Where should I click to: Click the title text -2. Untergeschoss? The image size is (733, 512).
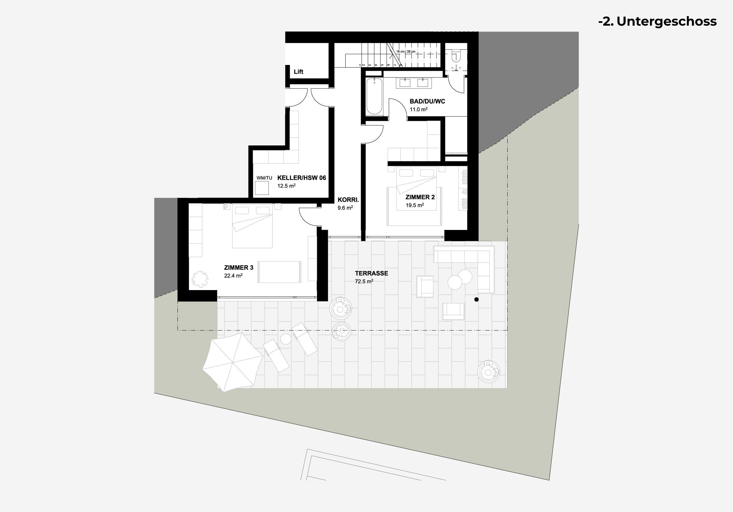pyautogui.click(x=657, y=21)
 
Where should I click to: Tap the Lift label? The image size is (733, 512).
pyautogui.click(x=298, y=72)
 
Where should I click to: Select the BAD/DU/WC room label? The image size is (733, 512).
pyautogui.click(x=427, y=102)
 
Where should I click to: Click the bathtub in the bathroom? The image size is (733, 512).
pyautogui.click(x=374, y=96)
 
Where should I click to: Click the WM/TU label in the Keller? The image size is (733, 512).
pyautogui.click(x=264, y=178)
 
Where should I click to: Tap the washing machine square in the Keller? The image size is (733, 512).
pyautogui.click(x=262, y=188)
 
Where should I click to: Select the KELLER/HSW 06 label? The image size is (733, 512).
pyautogui.click(x=302, y=178)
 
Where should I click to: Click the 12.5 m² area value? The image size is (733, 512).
pyautogui.click(x=286, y=186)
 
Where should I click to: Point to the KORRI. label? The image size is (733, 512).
pyautogui.click(x=348, y=200)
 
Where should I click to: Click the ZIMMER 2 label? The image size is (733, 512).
pyautogui.click(x=420, y=197)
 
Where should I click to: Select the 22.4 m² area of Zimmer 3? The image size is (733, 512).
pyautogui.click(x=233, y=275)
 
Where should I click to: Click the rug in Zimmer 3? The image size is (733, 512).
pyautogui.click(x=279, y=272)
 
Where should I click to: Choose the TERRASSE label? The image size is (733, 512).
pyautogui.click(x=371, y=273)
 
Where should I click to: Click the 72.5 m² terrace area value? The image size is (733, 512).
pyautogui.click(x=364, y=281)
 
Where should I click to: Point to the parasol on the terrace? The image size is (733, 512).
pyautogui.click(x=233, y=362)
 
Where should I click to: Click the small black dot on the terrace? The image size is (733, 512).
pyautogui.click(x=476, y=299)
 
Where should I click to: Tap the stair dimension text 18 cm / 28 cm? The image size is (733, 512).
pyautogui.click(x=405, y=51)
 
